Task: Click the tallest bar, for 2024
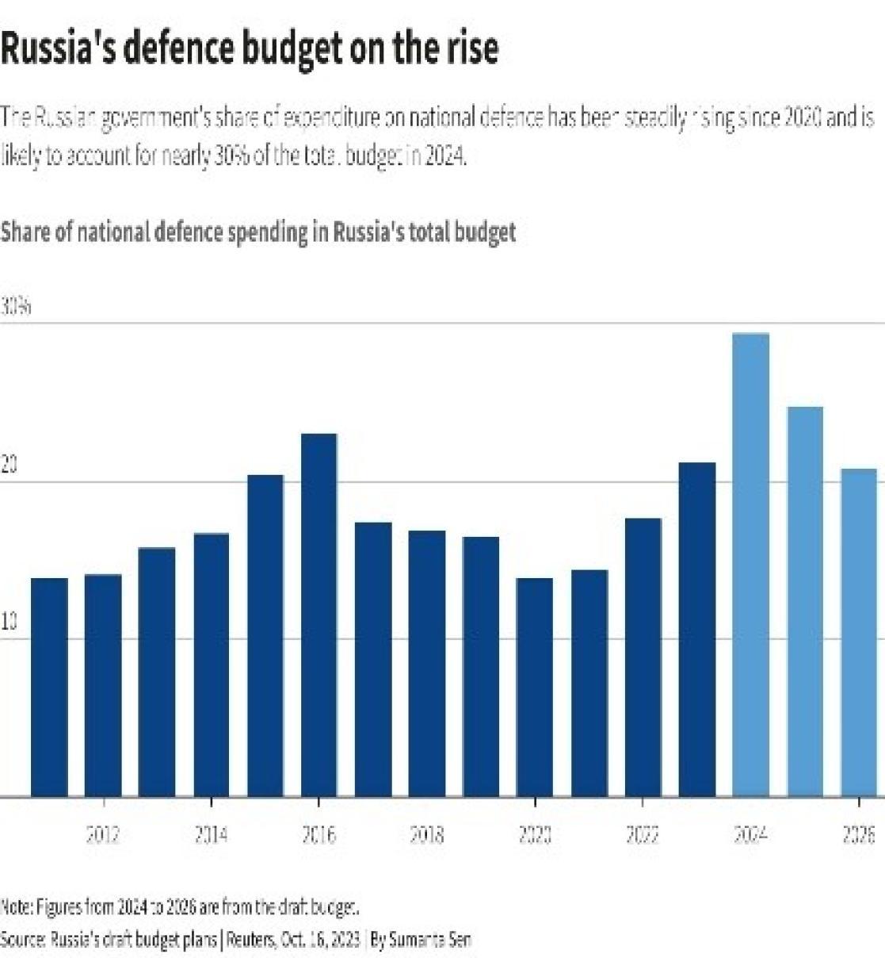(x=750, y=565)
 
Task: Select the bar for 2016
(x=319, y=615)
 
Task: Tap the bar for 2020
(x=535, y=687)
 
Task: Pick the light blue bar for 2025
(x=805, y=601)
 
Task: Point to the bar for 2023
(x=697, y=629)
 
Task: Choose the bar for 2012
(x=103, y=685)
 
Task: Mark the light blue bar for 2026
(x=859, y=632)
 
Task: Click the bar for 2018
(x=427, y=663)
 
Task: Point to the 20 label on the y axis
(x=10, y=466)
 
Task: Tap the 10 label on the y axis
(x=10, y=623)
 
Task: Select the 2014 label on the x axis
(x=211, y=834)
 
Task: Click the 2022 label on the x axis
(x=643, y=834)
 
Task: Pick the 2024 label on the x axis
(x=750, y=834)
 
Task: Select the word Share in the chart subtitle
(x=25, y=232)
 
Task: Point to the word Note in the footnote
(x=15, y=906)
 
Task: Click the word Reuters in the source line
(x=253, y=940)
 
